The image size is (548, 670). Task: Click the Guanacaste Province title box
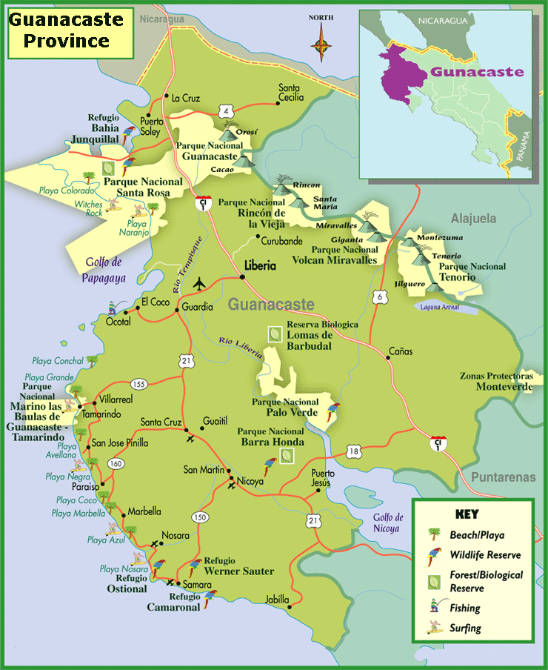coord(70,31)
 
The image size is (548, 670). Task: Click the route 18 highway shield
coord(354,451)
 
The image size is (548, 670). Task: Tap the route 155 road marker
coord(138,384)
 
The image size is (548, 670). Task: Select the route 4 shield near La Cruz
coord(223,111)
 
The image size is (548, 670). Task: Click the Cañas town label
coord(401,351)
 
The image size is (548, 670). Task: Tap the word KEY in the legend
coord(467,514)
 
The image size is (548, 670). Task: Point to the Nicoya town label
coord(250,481)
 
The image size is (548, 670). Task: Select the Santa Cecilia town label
coord(291,92)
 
